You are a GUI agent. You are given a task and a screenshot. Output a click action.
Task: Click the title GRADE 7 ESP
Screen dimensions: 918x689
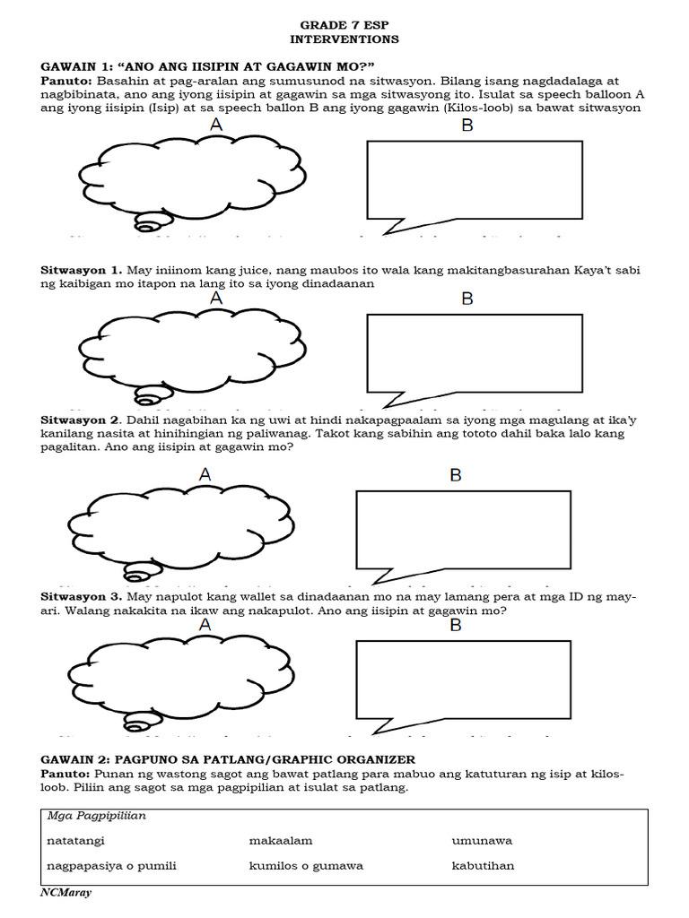click(344, 26)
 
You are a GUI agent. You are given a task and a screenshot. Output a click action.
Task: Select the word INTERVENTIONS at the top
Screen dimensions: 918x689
click(344, 39)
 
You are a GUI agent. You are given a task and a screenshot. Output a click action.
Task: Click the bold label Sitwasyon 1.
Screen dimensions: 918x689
click(81, 270)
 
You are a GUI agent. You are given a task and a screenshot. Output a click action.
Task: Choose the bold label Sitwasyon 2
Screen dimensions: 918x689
click(81, 420)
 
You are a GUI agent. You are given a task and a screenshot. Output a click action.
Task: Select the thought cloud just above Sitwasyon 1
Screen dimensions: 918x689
click(184, 178)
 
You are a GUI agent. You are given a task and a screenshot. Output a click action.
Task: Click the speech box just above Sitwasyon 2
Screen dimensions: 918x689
click(467, 352)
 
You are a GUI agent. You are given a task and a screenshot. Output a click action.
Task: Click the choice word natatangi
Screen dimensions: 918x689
click(79, 841)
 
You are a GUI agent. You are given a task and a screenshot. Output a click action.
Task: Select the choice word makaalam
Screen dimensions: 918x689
click(280, 841)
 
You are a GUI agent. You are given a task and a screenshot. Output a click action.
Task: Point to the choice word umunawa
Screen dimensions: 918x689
click(482, 841)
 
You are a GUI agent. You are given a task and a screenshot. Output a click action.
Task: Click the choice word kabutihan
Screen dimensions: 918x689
click(483, 866)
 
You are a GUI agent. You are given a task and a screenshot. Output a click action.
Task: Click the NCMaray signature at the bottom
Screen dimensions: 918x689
click(66, 893)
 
